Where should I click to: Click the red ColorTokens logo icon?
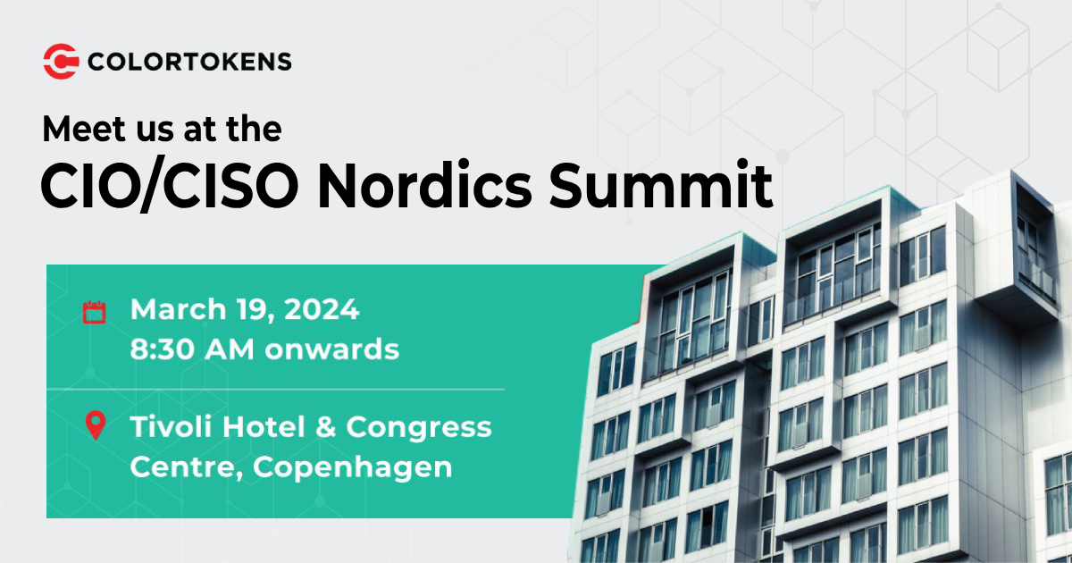[x=61, y=61]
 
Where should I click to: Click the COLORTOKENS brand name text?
[x=189, y=61]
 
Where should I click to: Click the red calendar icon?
[x=94, y=312]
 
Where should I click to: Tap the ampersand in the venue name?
[x=326, y=427]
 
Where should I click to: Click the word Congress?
[x=418, y=428]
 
